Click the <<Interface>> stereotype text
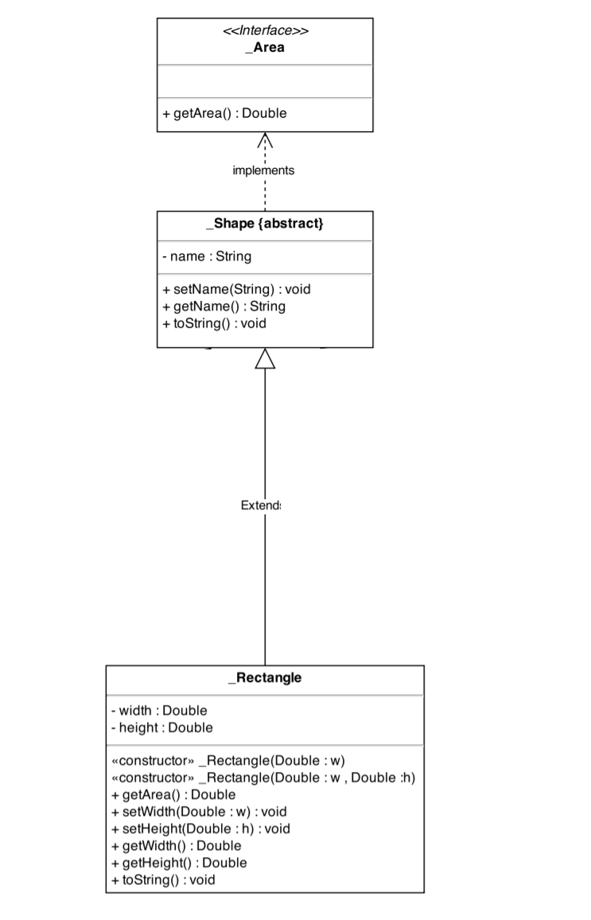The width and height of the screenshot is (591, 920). click(265, 32)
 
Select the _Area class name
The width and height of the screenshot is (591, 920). click(265, 48)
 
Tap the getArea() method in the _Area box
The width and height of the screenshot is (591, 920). click(224, 113)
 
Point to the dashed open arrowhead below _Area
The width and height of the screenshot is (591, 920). click(265, 141)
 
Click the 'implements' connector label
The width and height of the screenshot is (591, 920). click(263, 170)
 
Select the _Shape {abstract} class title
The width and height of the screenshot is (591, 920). click(265, 224)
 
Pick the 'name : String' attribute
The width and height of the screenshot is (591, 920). click(207, 256)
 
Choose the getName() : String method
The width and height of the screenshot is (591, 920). click(224, 306)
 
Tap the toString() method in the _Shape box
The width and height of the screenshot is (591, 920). click(214, 323)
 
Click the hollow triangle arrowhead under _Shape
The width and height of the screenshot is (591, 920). click(265, 360)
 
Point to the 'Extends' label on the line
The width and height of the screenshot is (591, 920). click(261, 505)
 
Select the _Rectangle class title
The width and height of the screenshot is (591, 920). click(265, 678)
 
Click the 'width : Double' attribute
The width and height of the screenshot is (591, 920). click(159, 710)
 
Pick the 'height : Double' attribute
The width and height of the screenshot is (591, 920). click(162, 727)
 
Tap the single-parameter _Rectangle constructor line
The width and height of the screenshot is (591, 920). click(228, 760)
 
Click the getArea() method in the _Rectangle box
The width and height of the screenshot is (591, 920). click(173, 794)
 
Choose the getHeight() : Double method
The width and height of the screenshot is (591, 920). click(179, 863)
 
